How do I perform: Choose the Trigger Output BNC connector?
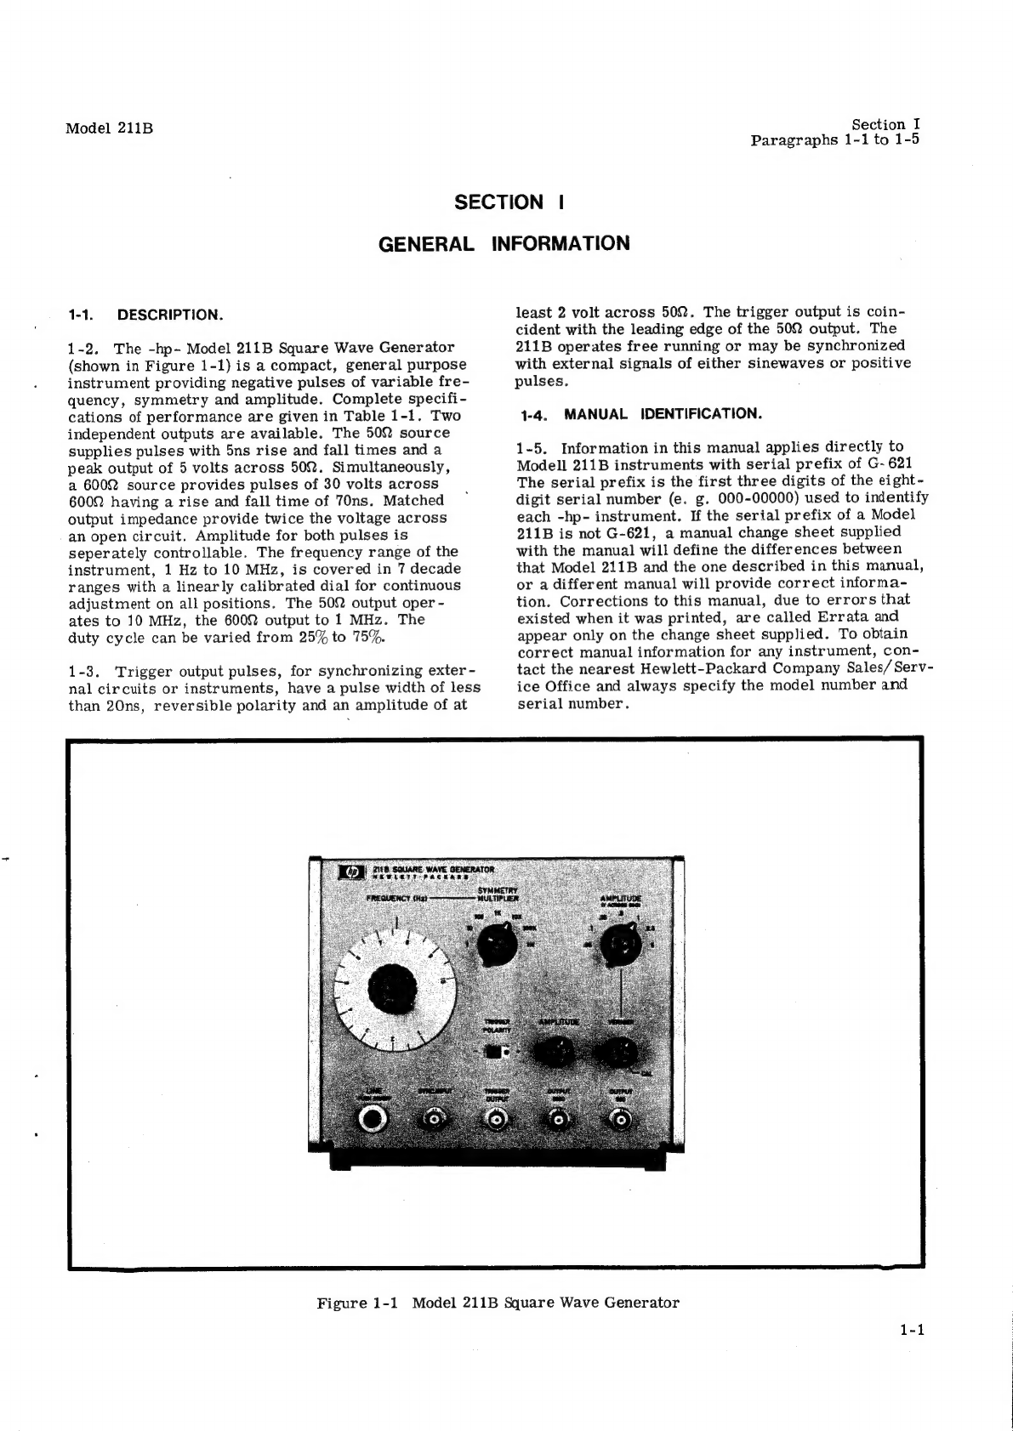[x=496, y=1122]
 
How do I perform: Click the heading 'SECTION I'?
[x=510, y=202]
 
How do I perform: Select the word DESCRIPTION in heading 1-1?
[x=170, y=315]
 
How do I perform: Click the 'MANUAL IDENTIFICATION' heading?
[x=663, y=414]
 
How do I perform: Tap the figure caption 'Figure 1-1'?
[x=357, y=1303]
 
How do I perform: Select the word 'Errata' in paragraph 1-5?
[x=840, y=616]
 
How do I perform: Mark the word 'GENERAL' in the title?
[x=425, y=244]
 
